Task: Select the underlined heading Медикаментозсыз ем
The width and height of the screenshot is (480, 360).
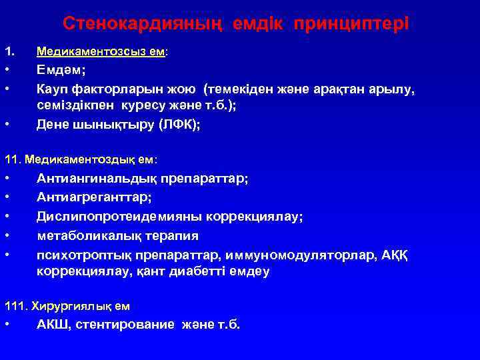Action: tap(101, 51)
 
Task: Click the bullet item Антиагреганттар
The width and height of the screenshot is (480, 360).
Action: tap(94, 197)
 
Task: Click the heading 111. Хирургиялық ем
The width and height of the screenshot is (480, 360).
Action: tap(67, 306)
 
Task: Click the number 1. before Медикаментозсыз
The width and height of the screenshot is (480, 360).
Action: tap(9, 51)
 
